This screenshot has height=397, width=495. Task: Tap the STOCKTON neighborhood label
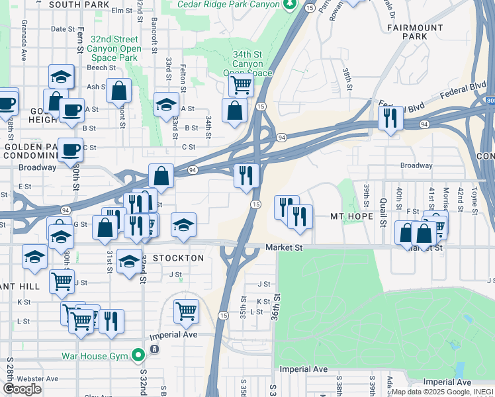[179, 257]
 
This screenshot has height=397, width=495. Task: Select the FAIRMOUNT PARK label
[416, 32]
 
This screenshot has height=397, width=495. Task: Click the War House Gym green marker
[138, 356]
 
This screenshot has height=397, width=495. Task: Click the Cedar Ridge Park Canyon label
[229, 5]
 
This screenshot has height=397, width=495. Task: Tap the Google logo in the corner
[22, 389]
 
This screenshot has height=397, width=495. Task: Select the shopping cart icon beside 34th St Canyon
[241, 84]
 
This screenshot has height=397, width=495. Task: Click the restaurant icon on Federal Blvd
[390, 117]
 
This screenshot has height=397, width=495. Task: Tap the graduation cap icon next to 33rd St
[166, 103]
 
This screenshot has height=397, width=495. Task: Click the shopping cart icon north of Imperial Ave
[187, 310]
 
